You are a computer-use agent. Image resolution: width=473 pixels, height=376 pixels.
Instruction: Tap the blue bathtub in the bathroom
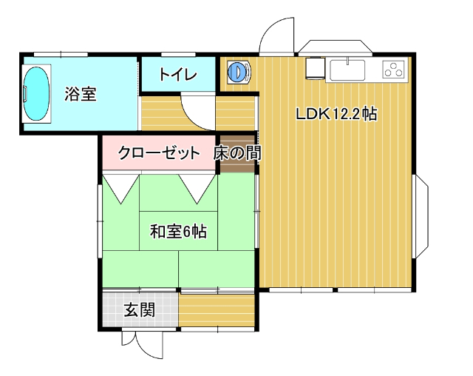(x=36, y=93)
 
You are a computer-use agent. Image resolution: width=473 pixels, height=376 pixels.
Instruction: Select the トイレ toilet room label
(x=177, y=74)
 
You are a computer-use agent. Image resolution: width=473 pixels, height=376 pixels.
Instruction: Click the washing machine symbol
(x=238, y=72)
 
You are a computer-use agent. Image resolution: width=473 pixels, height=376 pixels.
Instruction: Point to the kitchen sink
(x=347, y=71)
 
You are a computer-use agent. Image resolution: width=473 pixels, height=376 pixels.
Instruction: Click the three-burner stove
(x=393, y=70)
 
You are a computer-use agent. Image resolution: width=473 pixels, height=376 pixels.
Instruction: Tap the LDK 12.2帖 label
(x=337, y=115)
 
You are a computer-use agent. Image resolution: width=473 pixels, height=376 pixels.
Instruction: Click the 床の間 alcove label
(x=236, y=154)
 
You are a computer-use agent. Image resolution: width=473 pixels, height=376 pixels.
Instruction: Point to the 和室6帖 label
(x=178, y=232)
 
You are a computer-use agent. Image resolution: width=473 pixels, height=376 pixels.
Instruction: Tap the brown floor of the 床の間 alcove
(x=236, y=164)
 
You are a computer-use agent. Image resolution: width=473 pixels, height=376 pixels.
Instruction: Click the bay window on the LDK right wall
(x=421, y=215)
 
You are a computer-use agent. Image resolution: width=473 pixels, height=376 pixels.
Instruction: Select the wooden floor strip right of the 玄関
(x=217, y=310)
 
